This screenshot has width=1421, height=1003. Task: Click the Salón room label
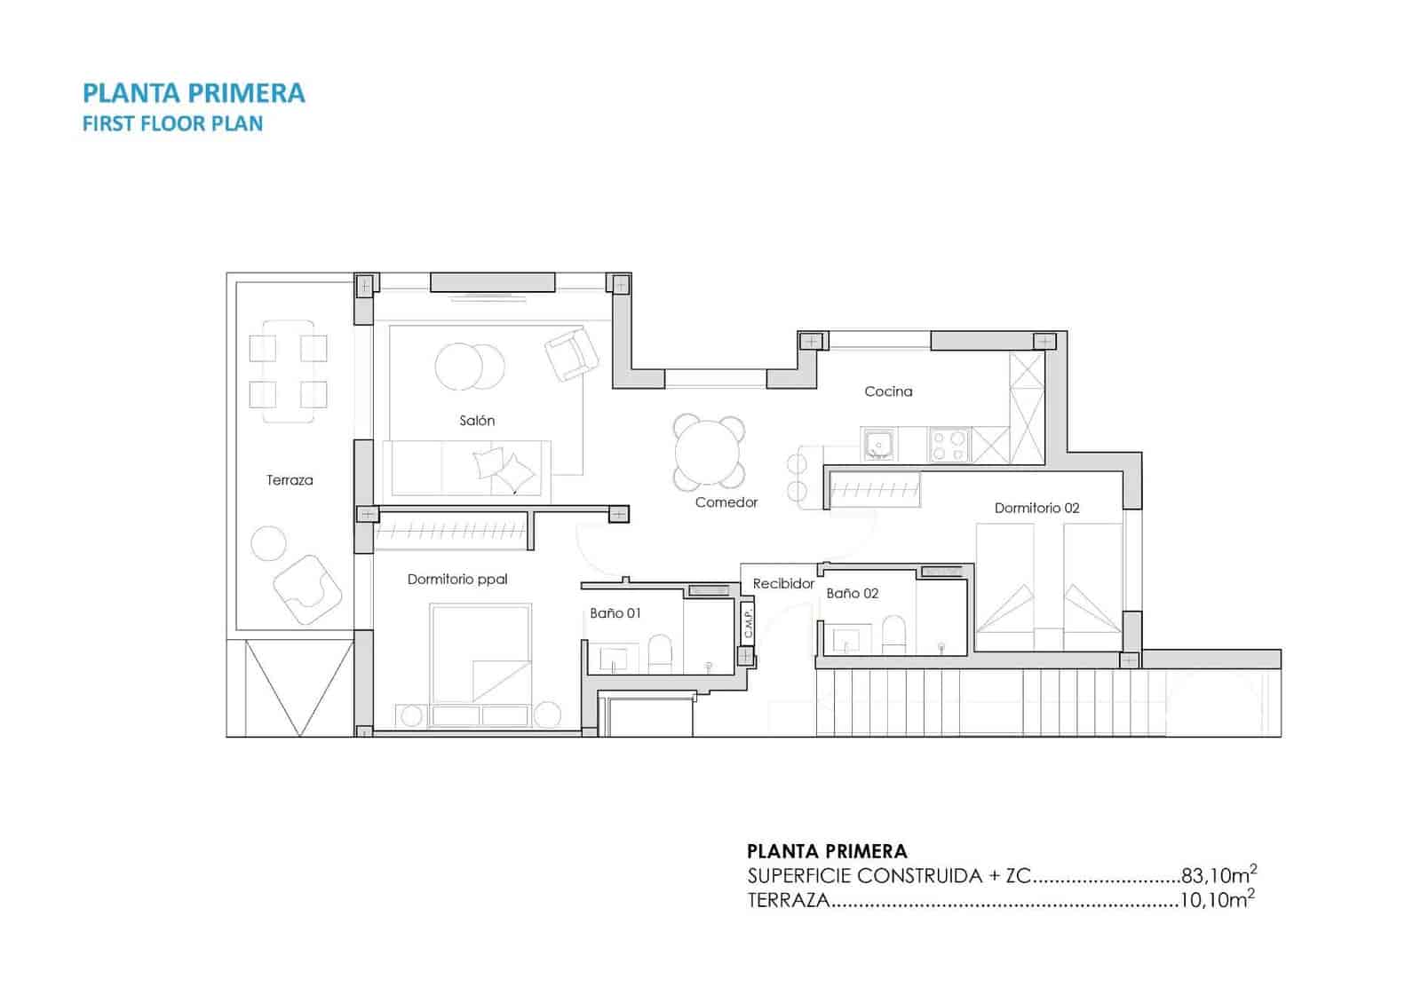coord(477,421)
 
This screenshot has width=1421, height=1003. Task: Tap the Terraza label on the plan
coord(290,480)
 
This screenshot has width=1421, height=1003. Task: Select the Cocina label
coord(888,391)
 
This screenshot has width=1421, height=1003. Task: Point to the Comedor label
coord(726,502)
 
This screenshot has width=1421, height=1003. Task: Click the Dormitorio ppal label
coord(457,580)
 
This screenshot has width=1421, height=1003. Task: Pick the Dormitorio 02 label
coord(1036,508)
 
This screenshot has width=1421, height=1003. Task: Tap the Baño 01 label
coord(615,613)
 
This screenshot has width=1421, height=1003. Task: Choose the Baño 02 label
coord(852,593)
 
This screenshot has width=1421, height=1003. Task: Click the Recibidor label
coord(783,584)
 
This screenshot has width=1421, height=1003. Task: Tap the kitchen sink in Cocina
coord(878,444)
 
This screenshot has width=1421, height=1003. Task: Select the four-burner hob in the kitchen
coord(949,445)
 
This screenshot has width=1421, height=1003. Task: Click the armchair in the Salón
coord(571,353)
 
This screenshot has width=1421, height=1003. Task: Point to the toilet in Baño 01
coord(660,652)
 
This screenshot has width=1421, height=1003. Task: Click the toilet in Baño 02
coord(893,636)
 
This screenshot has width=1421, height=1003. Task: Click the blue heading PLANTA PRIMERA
coord(194,93)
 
